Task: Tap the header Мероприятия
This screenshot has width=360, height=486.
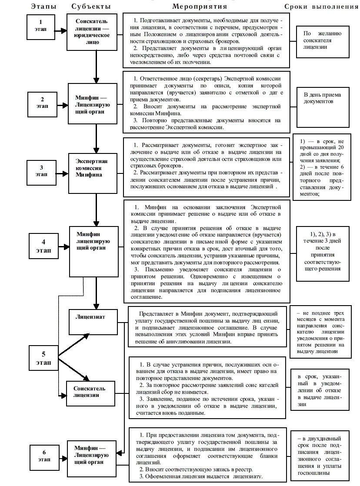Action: coord(200,7)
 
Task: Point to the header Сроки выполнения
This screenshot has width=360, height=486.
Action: coord(321,7)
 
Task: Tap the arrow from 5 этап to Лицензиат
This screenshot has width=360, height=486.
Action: coord(74,345)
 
